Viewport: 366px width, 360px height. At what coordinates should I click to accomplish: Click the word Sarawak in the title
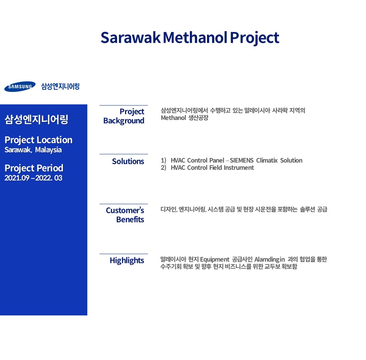point(130,38)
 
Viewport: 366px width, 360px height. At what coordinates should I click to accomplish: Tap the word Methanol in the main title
point(195,38)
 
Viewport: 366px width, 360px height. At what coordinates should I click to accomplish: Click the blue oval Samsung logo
point(20,86)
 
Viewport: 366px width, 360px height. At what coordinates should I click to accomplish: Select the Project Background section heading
point(124,116)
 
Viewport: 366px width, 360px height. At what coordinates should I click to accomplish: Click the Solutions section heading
point(128,162)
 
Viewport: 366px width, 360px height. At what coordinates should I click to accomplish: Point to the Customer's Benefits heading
point(125,215)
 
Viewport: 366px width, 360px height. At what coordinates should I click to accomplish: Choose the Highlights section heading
point(127,261)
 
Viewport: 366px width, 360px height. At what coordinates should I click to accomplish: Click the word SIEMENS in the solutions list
point(242,160)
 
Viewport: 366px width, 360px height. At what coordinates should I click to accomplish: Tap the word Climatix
point(267,160)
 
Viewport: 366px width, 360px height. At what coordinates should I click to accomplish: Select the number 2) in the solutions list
point(164,168)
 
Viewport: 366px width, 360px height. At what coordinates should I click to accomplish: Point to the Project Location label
point(39,140)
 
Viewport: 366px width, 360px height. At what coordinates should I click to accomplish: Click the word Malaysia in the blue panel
point(48,150)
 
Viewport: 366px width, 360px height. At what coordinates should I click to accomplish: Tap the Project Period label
point(34,168)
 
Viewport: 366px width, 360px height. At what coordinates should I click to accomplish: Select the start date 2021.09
point(17,178)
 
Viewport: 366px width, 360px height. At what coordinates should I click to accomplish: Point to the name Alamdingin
point(270,259)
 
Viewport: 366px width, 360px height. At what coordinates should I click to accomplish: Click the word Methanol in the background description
point(173,118)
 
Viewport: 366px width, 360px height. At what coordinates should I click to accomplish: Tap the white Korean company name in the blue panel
point(37,119)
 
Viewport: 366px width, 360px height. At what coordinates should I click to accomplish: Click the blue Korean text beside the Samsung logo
point(61,86)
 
